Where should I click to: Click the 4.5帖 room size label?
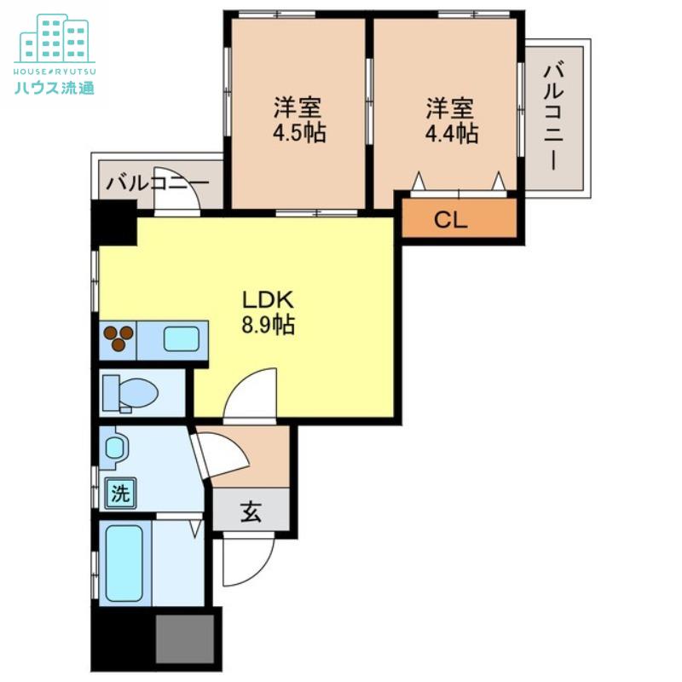click(x=299, y=133)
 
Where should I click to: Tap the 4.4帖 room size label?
click(x=452, y=133)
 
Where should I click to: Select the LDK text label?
click(x=269, y=300)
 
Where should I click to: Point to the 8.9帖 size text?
click(x=269, y=324)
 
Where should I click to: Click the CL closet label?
click(x=451, y=220)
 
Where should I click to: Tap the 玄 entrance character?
click(x=251, y=511)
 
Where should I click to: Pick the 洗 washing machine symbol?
click(x=120, y=494)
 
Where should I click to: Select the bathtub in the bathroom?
click(x=124, y=563)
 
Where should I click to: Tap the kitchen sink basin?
click(x=182, y=338)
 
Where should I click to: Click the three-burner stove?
click(x=118, y=338)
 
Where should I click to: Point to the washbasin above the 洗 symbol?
click(x=115, y=448)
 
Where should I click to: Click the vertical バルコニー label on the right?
click(x=554, y=117)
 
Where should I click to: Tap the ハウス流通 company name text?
click(x=55, y=88)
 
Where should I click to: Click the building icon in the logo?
click(x=55, y=38)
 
